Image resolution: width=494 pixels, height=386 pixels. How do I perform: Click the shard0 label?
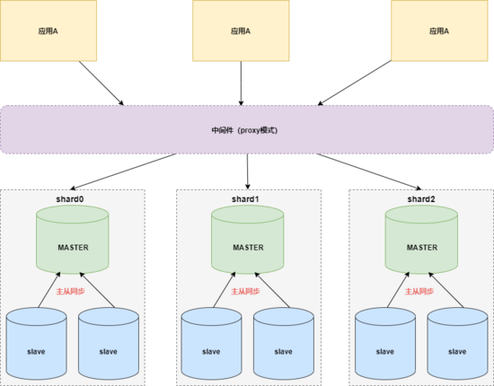point(74,198)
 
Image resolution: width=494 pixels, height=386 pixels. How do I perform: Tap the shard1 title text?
point(247,198)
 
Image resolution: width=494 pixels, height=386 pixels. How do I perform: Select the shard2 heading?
point(422,198)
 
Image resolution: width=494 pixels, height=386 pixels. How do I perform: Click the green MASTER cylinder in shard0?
point(74,245)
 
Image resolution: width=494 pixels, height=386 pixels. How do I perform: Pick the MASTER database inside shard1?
point(248,245)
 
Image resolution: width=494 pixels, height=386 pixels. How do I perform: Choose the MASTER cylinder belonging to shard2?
point(422,245)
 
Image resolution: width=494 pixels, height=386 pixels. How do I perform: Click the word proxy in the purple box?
point(252,130)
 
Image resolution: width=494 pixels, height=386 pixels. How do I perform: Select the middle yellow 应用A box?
point(241,31)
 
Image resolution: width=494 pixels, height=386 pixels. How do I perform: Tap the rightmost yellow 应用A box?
point(439,31)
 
